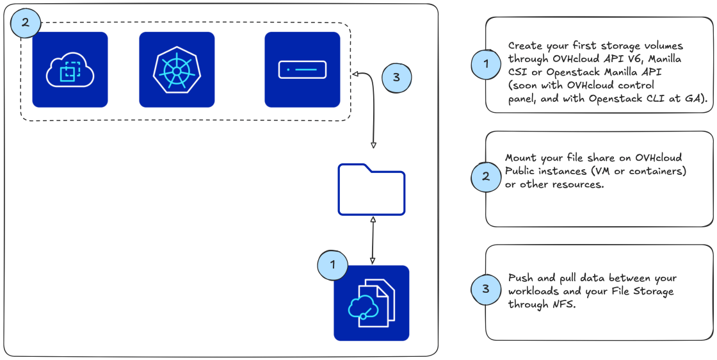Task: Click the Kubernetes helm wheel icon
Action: (x=177, y=69)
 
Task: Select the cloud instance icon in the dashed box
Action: (x=70, y=69)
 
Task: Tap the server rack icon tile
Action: (x=302, y=69)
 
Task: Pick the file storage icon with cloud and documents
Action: (x=371, y=303)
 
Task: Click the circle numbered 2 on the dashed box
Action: (x=25, y=22)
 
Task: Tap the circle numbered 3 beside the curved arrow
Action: (x=396, y=78)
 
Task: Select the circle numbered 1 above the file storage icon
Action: (x=332, y=263)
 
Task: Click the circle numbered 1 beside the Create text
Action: (x=487, y=63)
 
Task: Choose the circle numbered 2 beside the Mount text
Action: (x=486, y=177)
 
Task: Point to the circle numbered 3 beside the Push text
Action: (x=486, y=289)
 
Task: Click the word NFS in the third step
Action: (x=563, y=305)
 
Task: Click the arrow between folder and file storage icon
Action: (x=372, y=240)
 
